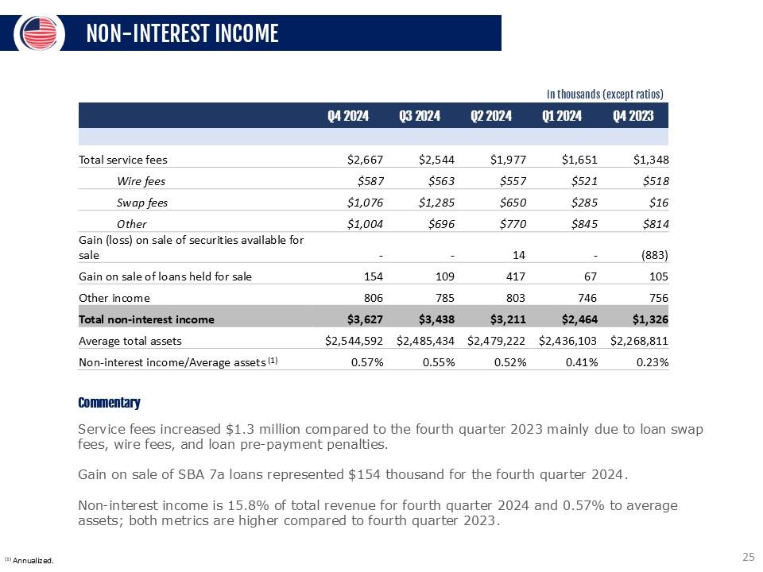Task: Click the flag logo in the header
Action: coord(40,32)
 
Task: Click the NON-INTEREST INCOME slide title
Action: coord(182,33)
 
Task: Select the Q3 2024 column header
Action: coord(420,116)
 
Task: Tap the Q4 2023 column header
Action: coord(633,116)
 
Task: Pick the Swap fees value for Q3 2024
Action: coord(436,203)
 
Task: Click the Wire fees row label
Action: coord(141,180)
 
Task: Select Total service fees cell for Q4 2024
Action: coord(366,159)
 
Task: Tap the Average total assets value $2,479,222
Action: coord(497,341)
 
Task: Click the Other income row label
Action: coord(114,298)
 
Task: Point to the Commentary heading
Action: coord(109,403)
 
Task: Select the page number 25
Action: coord(747,557)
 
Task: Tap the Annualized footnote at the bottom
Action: coord(29,561)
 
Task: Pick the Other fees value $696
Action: coord(440,224)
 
